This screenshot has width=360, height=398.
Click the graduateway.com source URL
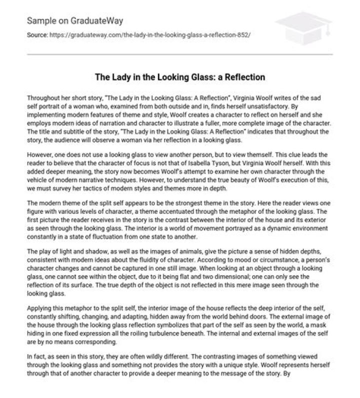146,37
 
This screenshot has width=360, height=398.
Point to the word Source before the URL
36,37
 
